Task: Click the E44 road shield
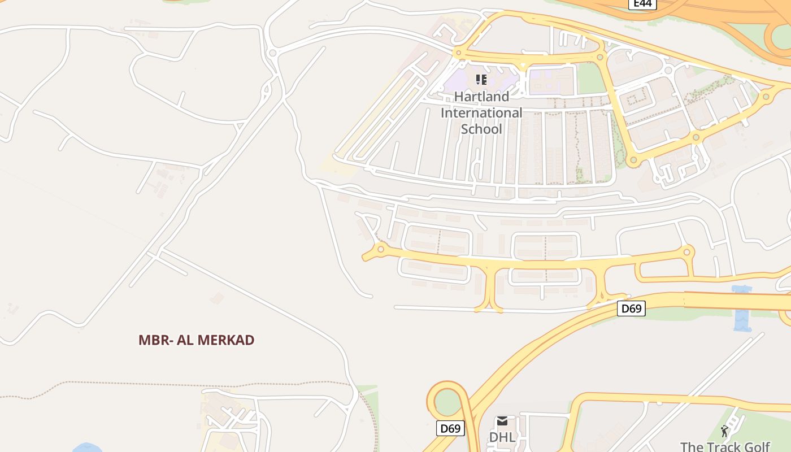click(x=642, y=4)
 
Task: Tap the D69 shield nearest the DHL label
click(x=450, y=428)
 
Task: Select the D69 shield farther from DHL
click(x=631, y=308)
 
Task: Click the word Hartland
click(x=481, y=97)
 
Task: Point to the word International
click(x=481, y=113)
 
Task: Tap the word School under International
click(x=481, y=129)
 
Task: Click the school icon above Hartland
click(x=481, y=80)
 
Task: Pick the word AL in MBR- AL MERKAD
click(x=184, y=340)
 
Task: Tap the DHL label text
click(x=502, y=437)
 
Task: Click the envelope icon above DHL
click(x=502, y=421)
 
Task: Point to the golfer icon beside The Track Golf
click(x=725, y=432)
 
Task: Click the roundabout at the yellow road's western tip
click(x=381, y=249)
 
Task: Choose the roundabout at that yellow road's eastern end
click(x=687, y=252)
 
